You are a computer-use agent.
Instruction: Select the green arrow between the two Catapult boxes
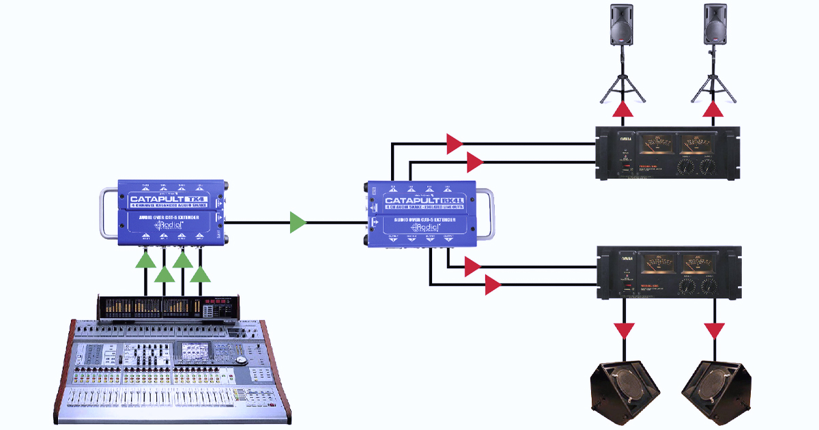(298, 223)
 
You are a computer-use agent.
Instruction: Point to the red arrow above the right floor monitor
(715, 331)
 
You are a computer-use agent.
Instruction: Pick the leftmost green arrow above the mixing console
(145, 259)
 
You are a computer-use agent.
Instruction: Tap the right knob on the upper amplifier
(707, 166)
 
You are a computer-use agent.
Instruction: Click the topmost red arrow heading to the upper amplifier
(454, 143)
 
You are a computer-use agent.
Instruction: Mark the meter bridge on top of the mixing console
(168, 307)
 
